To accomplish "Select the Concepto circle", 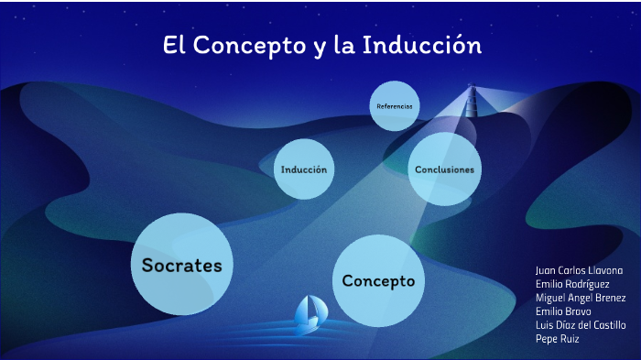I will pos(377,279).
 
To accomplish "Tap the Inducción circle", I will pos(304,169).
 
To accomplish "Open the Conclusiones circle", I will pos(444,169).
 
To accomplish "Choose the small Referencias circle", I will pos(395,106).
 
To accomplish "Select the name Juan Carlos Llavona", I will pos(579,271).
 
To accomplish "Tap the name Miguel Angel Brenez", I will pos(581,298).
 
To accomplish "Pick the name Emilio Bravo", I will pos(563,311).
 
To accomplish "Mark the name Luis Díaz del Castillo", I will pos(581,325).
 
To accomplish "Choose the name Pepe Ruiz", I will pos(557,339).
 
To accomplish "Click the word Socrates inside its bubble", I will pos(182,266).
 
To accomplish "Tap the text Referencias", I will pos(395,106).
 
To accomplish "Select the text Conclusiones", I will pos(444,169).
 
